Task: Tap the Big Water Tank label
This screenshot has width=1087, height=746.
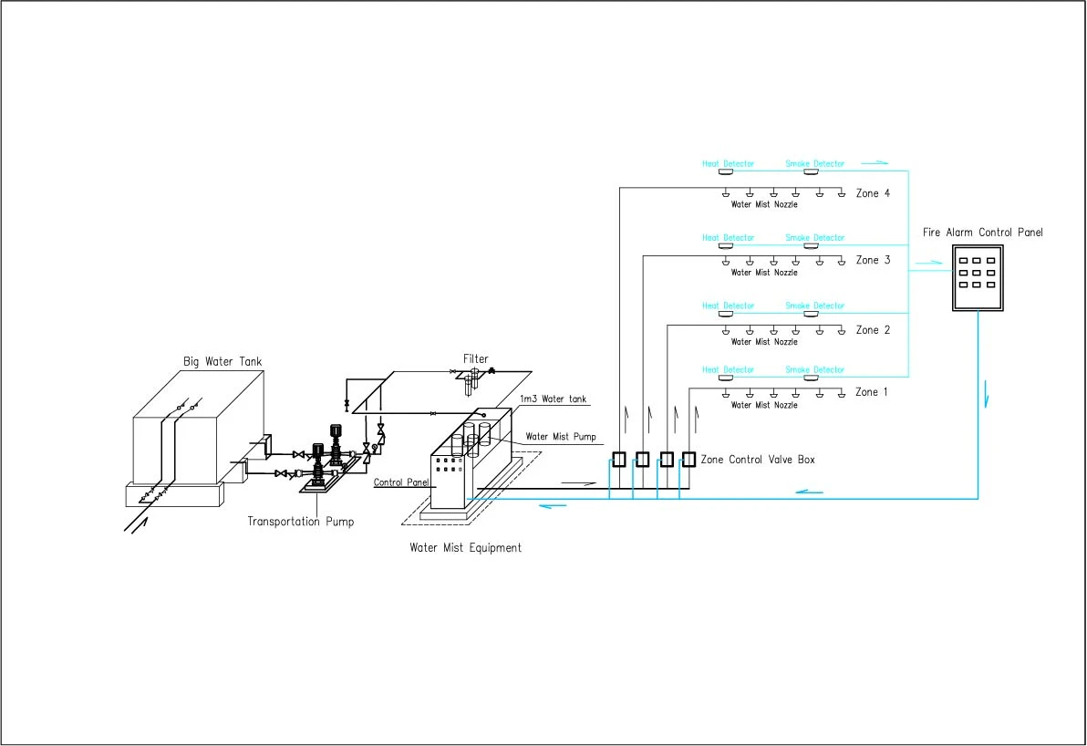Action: point(223,361)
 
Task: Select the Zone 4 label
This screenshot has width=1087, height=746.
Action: point(873,193)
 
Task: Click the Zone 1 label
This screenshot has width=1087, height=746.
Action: point(872,392)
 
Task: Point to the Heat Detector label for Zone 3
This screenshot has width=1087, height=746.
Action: point(728,237)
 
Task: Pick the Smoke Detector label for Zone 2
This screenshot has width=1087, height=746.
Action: point(814,305)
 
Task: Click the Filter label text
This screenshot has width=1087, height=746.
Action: point(476,358)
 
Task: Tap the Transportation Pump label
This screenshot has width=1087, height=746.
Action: point(301,522)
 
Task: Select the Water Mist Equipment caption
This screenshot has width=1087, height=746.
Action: point(465,547)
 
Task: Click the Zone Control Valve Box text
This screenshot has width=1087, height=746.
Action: point(758,459)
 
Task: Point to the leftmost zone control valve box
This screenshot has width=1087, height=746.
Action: point(619,459)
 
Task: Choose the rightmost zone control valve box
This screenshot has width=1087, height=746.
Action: point(688,459)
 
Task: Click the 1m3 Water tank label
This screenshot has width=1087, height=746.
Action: point(554,399)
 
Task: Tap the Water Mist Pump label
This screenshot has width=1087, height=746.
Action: point(561,436)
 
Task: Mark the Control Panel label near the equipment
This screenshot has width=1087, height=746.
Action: point(401,482)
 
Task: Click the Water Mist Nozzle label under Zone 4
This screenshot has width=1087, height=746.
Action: point(764,204)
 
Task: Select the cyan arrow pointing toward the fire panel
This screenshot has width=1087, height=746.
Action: point(929,263)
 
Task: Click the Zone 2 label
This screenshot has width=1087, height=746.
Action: point(873,330)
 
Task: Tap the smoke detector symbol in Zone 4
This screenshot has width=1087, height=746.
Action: point(811,171)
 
